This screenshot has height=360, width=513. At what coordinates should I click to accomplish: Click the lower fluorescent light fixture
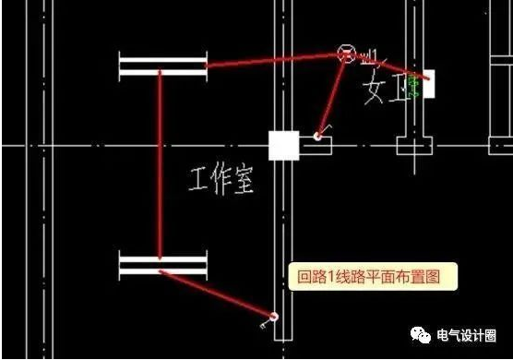coord(162,266)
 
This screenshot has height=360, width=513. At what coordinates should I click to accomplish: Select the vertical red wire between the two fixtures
coord(161,166)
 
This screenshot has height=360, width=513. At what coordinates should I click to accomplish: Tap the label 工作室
coord(221,178)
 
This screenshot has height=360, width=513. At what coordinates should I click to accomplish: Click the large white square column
coord(283,146)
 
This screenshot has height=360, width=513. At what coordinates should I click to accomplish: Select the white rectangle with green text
coord(427,85)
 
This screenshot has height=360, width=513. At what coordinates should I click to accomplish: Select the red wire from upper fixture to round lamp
coord(272,60)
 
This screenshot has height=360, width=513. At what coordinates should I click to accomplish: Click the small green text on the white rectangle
coord(416,87)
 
